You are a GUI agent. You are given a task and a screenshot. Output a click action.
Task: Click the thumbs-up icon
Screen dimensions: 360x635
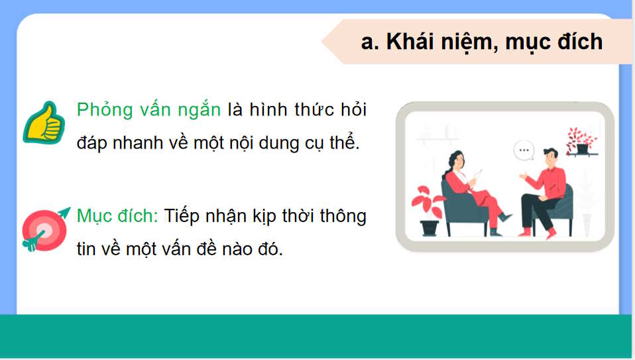point(44,122)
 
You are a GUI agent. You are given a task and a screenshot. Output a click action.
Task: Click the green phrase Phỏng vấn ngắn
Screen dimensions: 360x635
point(149,110)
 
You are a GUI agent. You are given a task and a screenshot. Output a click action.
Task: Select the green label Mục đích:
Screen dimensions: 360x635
point(117,216)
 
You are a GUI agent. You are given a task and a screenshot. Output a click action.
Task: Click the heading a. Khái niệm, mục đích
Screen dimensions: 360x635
point(482,42)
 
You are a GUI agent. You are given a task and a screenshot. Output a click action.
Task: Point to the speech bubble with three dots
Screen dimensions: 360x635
point(524,150)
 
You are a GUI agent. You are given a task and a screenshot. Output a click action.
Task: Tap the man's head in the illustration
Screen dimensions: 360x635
point(549,158)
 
